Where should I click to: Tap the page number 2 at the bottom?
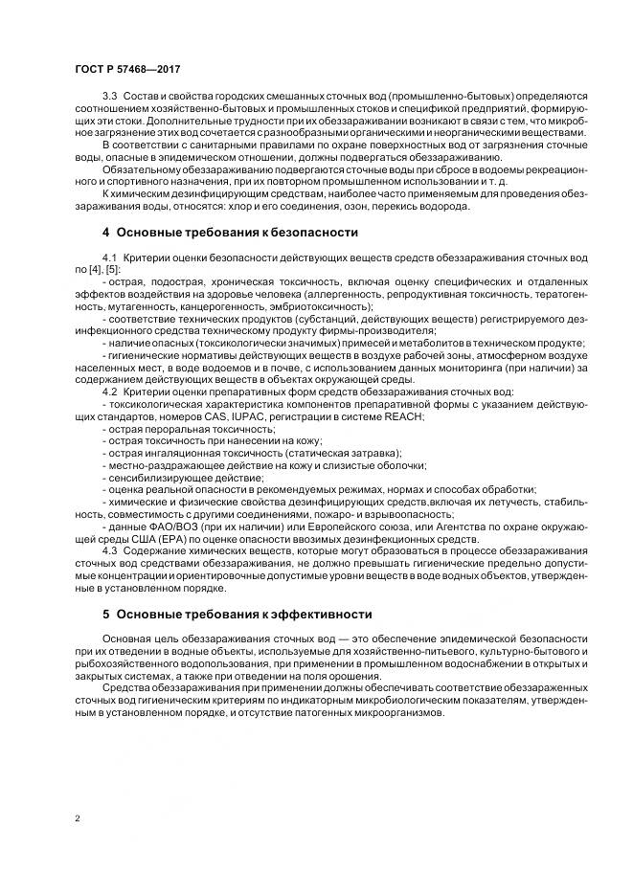click(x=77, y=819)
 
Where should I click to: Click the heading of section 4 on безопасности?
click(x=230, y=232)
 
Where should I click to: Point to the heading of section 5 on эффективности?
click(x=236, y=613)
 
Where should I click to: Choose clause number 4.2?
click(x=110, y=392)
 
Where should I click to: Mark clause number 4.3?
click(x=110, y=550)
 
